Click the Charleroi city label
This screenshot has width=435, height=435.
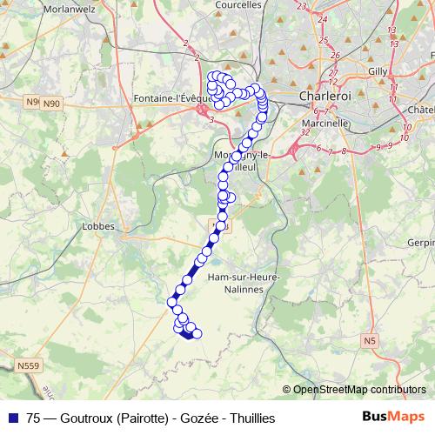(323, 95)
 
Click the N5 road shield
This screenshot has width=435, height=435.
(371, 339)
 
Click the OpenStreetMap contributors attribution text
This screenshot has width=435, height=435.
(358, 390)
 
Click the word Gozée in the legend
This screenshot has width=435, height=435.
(197, 418)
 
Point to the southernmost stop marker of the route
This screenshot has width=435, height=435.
(189, 336)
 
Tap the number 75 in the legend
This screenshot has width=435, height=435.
(34, 418)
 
